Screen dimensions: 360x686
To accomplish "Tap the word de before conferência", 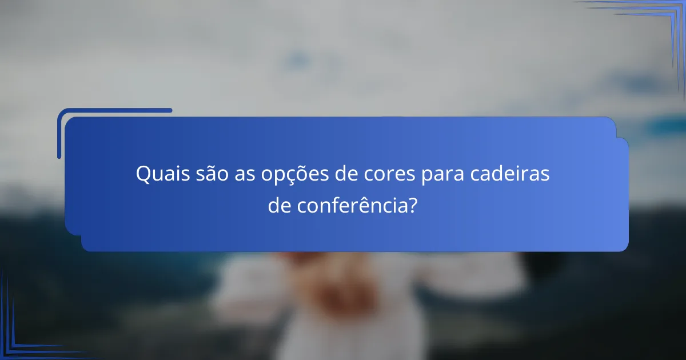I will (x=280, y=206).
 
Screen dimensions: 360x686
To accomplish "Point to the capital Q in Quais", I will (x=142, y=174).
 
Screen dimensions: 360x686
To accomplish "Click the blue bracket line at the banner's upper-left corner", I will (x=114, y=111).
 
